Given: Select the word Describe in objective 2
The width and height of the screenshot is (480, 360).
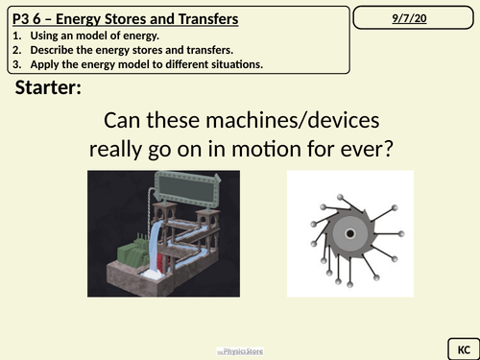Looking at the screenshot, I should point(56,49).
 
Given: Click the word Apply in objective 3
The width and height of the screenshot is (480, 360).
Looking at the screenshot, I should point(49,63).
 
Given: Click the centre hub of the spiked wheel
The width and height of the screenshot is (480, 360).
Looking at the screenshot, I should point(349,234).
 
